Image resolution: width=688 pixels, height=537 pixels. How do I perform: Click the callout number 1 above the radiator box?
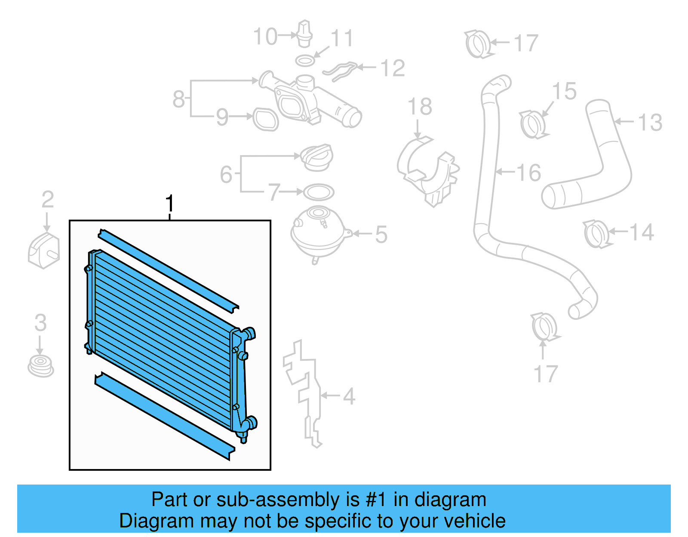click(x=170, y=203)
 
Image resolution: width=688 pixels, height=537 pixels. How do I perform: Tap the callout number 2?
click(x=47, y=199)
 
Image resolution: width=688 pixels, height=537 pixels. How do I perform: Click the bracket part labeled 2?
click(x=44, y=250)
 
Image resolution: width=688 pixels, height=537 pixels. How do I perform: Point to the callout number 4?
click(x=349, y=396)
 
